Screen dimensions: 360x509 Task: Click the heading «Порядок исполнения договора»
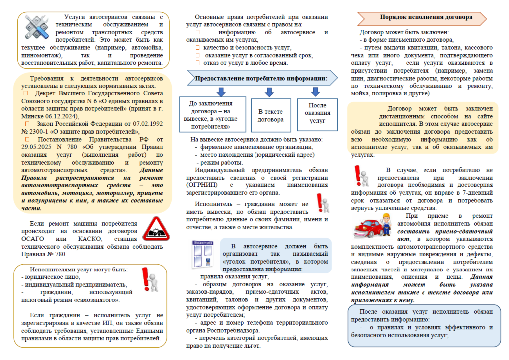point(425,17)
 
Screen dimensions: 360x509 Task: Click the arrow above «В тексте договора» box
point(269,92)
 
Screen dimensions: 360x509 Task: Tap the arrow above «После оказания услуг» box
point(315,92)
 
